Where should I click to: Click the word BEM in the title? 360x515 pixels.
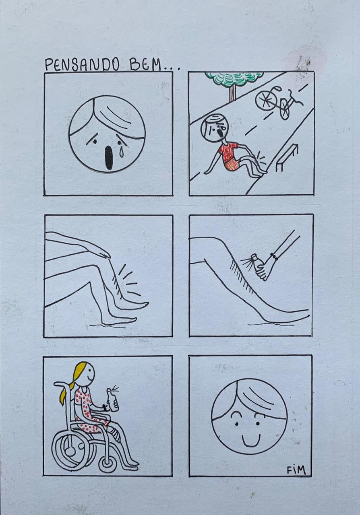pyautogui.click(x=145, y=65)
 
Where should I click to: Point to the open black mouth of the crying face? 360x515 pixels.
pyautogui.click(x=109, y=158)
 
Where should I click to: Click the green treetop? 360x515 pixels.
pyautogui.click(x=234, y=78)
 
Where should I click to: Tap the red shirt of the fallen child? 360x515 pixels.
pyautogui.click(x=228, y=152)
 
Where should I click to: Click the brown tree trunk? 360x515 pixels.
pyautogui.click(x=232, y=93)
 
